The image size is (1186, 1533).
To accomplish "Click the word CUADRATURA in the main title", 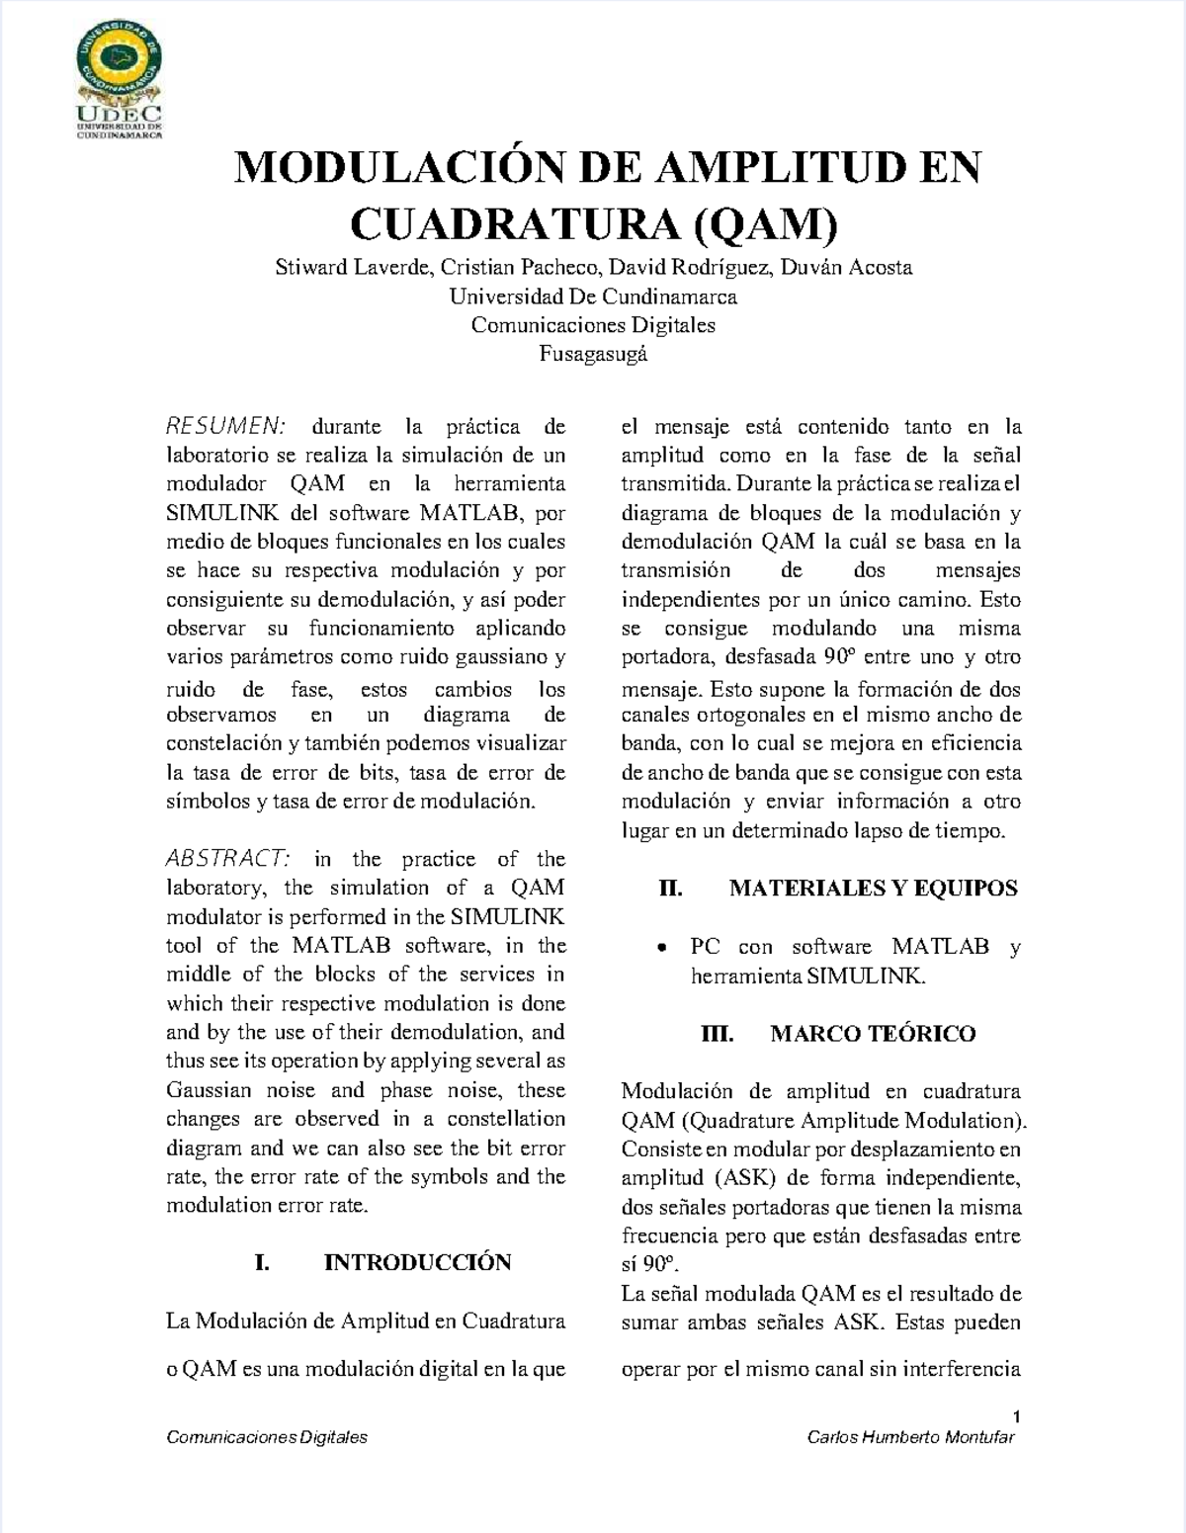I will [514, 224].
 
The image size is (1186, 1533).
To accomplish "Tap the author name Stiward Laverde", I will [353, 267].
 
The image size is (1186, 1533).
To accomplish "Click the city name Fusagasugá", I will [593, 353].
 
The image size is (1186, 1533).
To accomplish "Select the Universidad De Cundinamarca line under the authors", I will [593, 297].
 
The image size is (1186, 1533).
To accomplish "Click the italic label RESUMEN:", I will [226, 427].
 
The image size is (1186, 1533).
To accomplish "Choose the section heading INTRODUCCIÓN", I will [417, 1262].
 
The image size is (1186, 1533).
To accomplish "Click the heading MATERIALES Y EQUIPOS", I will [873, 888].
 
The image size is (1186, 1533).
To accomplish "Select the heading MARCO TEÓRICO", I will [873, 1034].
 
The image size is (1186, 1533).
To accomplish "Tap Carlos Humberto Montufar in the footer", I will [910, 1437].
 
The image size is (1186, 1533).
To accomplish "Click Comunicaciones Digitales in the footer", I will [267, 1437].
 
